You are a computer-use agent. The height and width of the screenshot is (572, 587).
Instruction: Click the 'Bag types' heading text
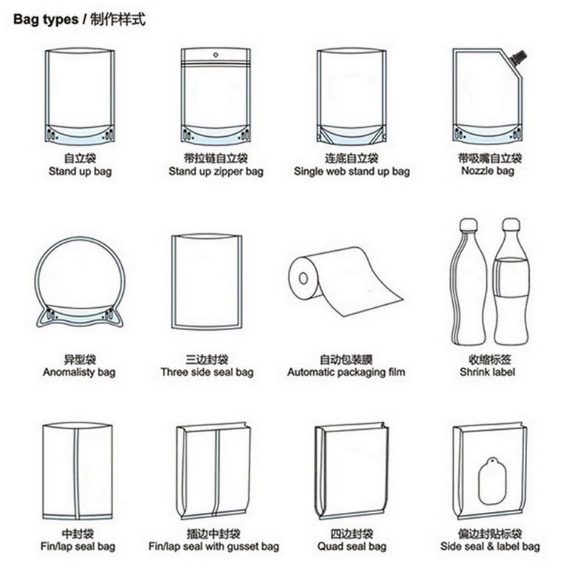46,19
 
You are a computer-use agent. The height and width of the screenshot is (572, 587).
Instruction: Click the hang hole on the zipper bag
215,55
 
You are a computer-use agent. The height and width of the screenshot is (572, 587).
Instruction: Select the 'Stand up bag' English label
80,172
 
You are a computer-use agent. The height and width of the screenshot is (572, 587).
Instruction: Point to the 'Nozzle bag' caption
487,171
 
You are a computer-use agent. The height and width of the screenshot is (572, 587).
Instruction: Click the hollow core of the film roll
303,278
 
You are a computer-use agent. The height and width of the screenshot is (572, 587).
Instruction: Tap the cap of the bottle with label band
511,224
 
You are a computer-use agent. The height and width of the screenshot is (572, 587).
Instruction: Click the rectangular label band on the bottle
511,277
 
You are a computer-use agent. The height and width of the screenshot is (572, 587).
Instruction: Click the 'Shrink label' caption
487,371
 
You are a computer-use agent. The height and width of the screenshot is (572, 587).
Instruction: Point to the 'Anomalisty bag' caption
79,372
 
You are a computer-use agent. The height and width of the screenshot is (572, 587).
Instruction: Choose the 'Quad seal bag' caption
352,546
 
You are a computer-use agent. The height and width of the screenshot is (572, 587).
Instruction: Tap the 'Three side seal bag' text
207,372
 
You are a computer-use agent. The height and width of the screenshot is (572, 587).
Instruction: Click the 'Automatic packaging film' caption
346,372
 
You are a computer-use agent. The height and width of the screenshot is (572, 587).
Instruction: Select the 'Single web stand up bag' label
352,172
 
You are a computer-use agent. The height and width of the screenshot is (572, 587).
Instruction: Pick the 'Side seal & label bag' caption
490,546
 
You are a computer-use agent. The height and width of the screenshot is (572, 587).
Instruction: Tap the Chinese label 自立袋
80,158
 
